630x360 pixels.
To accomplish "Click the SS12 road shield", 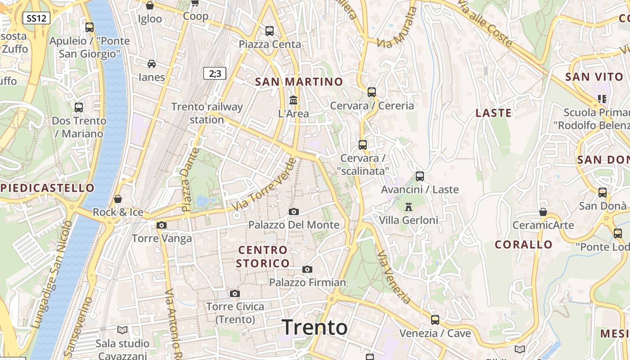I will (x=36, y=18).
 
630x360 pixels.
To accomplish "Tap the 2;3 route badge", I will (x=215, y=73).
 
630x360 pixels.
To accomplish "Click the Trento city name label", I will (x=315, y=327).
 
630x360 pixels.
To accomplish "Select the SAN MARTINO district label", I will (x=299, y=82).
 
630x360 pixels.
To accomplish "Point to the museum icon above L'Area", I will (x=293, y=100).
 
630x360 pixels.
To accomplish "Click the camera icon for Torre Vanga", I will (x=162, y=225).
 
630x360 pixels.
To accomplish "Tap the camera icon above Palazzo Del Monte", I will (x=293, y=211).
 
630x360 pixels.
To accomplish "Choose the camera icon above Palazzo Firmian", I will (x=307, y=269).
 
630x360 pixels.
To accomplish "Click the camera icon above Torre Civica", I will (x=234, y=293).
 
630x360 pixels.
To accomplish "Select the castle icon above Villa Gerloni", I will (x=409, y=207).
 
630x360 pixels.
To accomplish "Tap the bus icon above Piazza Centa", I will (x=270, y=31).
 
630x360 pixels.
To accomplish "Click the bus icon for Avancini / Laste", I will (x=420, y=176).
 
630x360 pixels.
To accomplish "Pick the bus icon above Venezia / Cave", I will (x=435, y=320).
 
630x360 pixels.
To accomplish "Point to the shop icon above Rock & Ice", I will (x=118, y=198).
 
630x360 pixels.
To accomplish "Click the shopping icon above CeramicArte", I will (x=543, y=211).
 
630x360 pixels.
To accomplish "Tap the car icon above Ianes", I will (x=152, y=64).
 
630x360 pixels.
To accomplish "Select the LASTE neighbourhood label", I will (x=494, y=113).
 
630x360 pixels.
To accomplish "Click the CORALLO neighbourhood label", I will (x=524, y=245).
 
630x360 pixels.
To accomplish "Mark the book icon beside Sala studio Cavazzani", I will (x=122, y=330).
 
